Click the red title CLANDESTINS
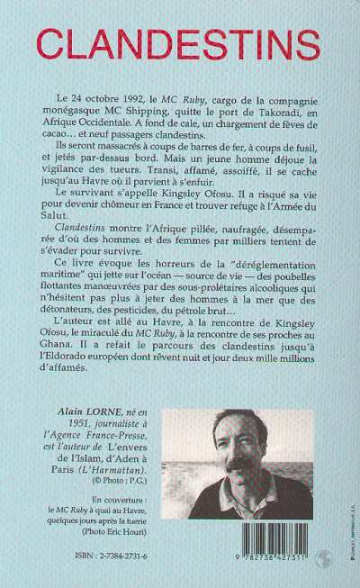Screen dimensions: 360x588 [x=181, y=41]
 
